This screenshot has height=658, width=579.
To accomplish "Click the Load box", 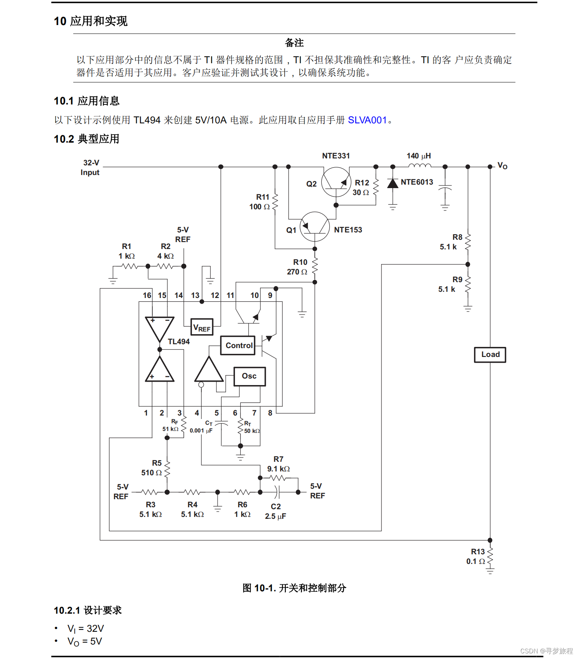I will (490, 355).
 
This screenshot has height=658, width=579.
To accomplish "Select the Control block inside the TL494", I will (239, 345).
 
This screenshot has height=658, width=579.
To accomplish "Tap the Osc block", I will (250, 376).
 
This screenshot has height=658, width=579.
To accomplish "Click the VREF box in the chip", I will (202, 328).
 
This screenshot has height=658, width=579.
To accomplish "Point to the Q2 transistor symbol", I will (336, 182).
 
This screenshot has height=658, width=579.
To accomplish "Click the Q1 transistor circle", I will (315, 227).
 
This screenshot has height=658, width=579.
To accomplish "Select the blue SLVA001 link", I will (367, 120).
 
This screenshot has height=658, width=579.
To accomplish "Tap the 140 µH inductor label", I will (419, 156).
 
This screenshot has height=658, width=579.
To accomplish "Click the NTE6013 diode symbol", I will (393, 183).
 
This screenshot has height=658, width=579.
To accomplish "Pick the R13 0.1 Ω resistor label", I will (476, 557).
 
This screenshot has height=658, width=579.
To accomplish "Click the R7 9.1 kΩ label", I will (279, 464).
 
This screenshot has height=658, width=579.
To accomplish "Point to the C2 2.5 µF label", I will (275, 512).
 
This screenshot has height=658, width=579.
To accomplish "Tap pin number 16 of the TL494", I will (147, 296).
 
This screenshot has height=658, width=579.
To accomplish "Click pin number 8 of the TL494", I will (270, 413).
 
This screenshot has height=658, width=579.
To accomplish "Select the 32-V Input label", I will (90, 168).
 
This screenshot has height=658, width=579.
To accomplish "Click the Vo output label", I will (502, 166).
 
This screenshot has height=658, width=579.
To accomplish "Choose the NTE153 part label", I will (348, 230).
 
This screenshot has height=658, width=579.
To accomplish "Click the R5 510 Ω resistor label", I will (152, 468).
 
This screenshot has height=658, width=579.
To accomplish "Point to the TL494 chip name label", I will (179, 342).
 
